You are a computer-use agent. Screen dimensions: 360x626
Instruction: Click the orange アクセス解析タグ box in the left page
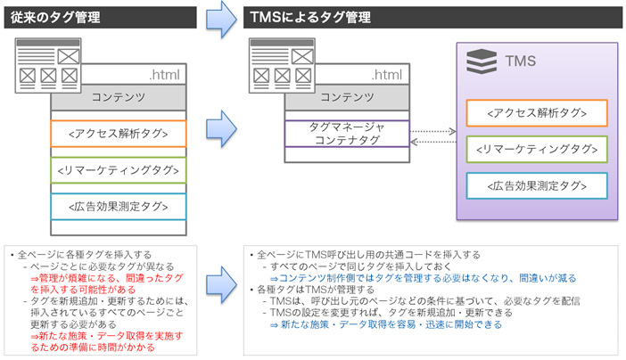[x=119, y=134]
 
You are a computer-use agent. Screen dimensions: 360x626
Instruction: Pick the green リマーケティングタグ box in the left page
[x=119, y=170]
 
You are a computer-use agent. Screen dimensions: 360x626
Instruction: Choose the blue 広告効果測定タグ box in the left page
[x=119, y=206]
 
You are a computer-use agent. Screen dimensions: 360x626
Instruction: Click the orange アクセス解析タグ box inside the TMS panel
[x=536, y=113]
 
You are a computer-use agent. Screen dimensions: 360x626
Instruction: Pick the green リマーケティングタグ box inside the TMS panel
[x=536, y=149]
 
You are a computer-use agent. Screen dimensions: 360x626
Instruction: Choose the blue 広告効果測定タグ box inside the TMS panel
[x=536, y=185]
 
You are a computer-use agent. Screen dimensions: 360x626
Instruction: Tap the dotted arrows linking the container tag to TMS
[x=432, y=135]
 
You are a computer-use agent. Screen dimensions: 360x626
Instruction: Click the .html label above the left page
[x=166, y=74]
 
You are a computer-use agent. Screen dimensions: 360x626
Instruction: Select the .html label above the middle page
[x=390, y=74]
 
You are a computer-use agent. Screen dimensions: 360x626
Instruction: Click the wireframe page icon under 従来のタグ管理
[x=47, y=62]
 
